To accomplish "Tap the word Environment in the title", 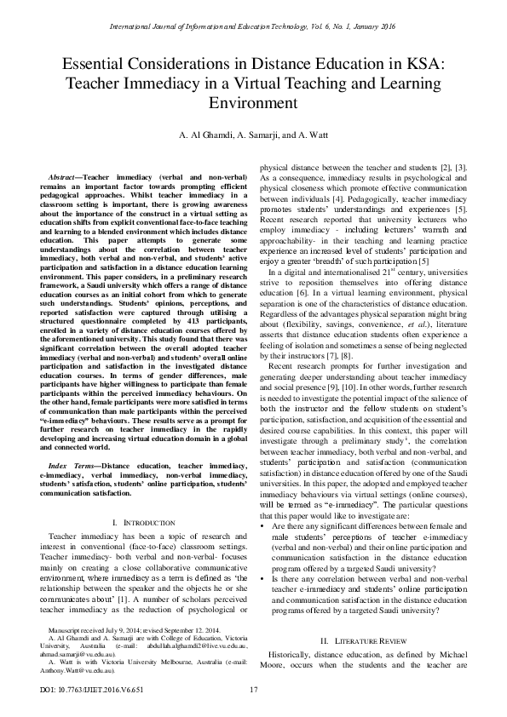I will coord(253,104).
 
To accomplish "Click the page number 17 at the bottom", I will coord(253,688).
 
